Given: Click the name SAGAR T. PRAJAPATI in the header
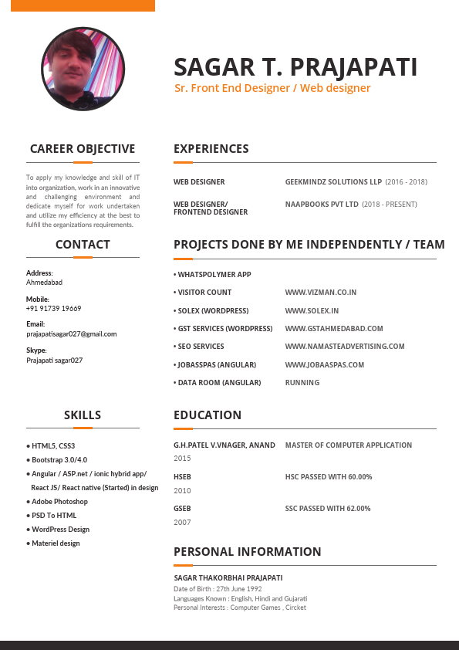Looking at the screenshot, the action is [295, 67].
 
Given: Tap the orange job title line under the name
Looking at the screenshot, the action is [272, 88].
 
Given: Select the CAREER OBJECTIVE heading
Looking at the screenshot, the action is [83, 149].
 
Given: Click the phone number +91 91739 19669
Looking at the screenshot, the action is [53, 309].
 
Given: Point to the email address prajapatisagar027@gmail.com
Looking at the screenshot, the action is [71, 334].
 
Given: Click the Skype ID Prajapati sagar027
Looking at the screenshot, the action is [54, 361].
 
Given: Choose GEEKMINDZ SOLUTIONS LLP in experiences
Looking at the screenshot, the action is [333, 182].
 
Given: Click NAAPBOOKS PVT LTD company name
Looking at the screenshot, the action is [322, 205].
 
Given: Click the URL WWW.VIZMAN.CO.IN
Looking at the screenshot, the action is [320, 293].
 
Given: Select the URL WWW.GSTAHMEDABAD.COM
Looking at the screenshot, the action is [333, 329].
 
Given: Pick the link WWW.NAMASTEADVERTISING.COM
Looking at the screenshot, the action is [344, 347].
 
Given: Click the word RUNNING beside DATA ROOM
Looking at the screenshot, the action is [302, 383].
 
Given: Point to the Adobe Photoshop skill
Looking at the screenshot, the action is [59, 502].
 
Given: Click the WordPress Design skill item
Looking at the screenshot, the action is [60, 530].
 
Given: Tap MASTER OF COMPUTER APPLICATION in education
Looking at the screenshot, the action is [348, 445].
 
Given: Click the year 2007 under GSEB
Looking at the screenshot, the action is [182, 523].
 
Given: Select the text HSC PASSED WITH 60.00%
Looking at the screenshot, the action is [329, 477].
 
